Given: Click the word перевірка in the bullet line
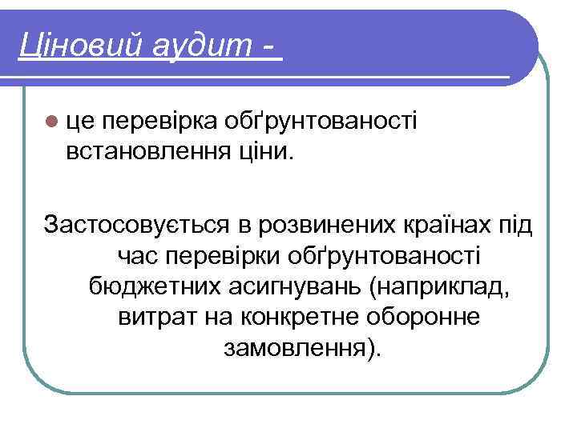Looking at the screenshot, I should tap(161, 121).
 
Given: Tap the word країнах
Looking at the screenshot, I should tap(452, 225).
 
